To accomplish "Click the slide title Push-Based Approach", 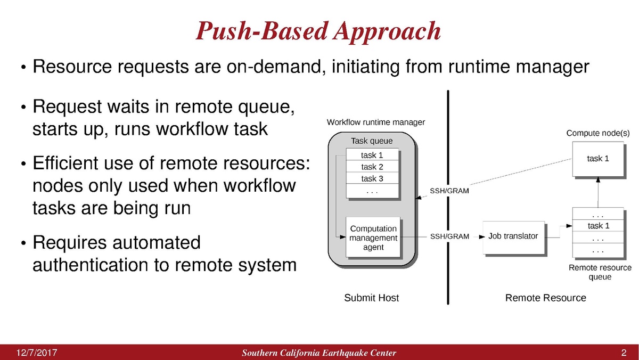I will coord(318,31).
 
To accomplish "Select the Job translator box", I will coord(513,236).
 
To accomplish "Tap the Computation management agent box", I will coord(373,238).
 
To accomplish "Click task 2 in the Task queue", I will coord(372,167).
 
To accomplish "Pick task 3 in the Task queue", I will coord(372,178).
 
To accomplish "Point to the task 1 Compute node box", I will coord(598,158).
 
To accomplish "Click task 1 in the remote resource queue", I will coord(598,226).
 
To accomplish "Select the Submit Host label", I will coord(371,298).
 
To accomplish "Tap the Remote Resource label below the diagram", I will coord(545,298).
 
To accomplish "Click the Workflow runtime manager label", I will coord(375,122).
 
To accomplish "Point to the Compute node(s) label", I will coord(598,132).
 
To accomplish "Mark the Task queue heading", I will coord(372,141).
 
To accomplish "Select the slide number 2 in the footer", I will coord(624,353).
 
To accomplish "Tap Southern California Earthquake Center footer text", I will coord(318,353).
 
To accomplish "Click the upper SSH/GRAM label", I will coord(449,191).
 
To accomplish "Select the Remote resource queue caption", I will coord(600,272).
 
